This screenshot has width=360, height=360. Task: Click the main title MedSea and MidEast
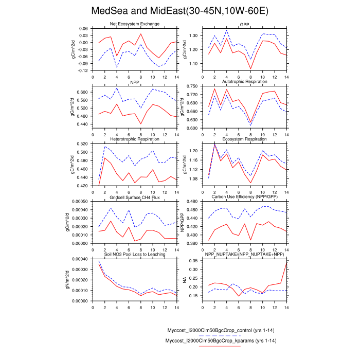click(179, 10)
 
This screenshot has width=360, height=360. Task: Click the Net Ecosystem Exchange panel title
click(135, 25)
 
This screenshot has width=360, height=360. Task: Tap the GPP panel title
click(244, 25)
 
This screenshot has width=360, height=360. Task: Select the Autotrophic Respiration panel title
click(244, 81)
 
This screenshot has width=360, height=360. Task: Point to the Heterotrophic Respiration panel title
click(135, 139)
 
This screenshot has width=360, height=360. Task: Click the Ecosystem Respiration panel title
click(244, 139)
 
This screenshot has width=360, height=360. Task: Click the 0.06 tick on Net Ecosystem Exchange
click(82, 28)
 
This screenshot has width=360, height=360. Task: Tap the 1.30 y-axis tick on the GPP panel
click(192, 35)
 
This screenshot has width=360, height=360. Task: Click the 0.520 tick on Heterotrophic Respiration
click(81, 144)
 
